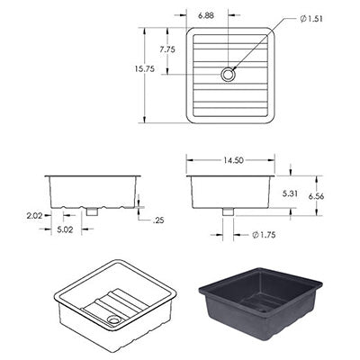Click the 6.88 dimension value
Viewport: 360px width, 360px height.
click(206, 15)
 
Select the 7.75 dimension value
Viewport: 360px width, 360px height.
click(167, 49)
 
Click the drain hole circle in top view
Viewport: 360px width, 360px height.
click(228, 76)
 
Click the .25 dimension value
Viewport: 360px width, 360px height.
click(159, 220)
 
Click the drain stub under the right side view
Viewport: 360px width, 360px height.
click(228, 211)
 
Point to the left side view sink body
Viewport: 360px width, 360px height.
click(93, 190)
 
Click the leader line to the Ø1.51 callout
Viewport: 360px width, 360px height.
click(261, 44)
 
